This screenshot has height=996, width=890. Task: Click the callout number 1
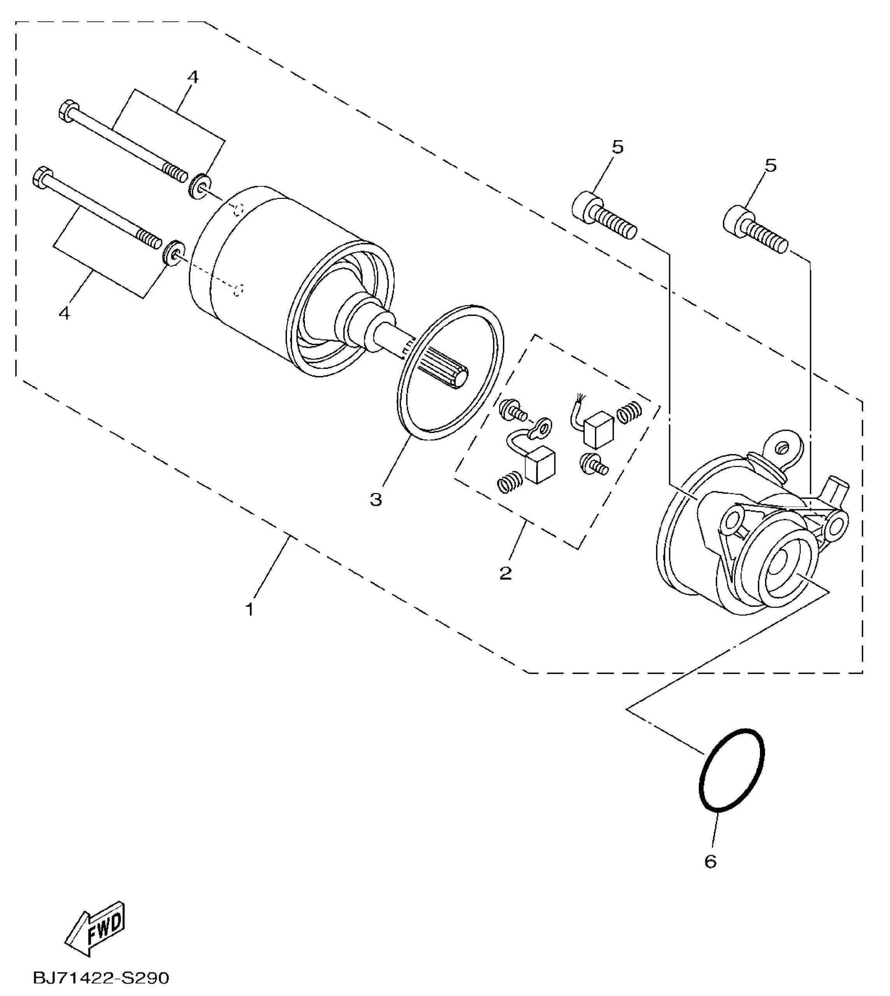point(250,610)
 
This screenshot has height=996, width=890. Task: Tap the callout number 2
point(506,573)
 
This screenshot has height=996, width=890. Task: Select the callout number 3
point(376,500)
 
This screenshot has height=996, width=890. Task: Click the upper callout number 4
point(193,77)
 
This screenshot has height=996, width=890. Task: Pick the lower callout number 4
point(64,312)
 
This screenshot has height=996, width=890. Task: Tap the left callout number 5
point(618,147)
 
